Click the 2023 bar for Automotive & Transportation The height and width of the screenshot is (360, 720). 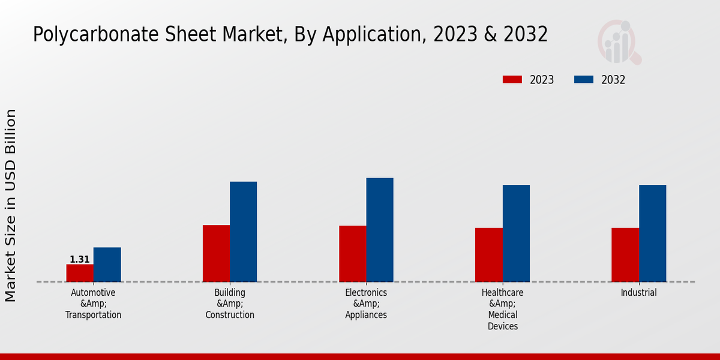tap(80, 273)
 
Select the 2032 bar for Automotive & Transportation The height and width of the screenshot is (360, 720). tap(107, 265)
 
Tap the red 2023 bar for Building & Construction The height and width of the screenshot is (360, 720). tap(216, 253)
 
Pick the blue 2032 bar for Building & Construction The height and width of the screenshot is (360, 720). tap(243, 232)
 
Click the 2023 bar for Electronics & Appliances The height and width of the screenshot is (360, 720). tap(352, 254)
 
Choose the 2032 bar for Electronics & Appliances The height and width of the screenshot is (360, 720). tap(380, 230)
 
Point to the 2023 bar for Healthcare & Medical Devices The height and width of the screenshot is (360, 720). tap(488, 255)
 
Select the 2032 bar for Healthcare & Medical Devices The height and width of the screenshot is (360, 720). tap(516, 233)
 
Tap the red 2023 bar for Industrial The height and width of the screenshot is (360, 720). tap(625, 255)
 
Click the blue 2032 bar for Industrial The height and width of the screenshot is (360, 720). tap(652, 233)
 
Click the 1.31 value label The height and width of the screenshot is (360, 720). tap(79, 260)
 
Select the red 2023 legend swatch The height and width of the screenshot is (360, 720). tap(512, 80)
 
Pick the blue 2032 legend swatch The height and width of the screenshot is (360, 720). tap(584, 80)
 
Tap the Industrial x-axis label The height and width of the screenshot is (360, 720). tap(639, 293)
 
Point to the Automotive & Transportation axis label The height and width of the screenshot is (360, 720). tap(93, 304)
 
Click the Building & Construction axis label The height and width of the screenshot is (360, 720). tap(230, 304)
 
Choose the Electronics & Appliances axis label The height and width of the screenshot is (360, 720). tap(366, 304)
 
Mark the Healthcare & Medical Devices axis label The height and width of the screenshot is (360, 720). tap(503, 309)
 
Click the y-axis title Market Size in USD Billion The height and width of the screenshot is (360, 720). tap(11, 205)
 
